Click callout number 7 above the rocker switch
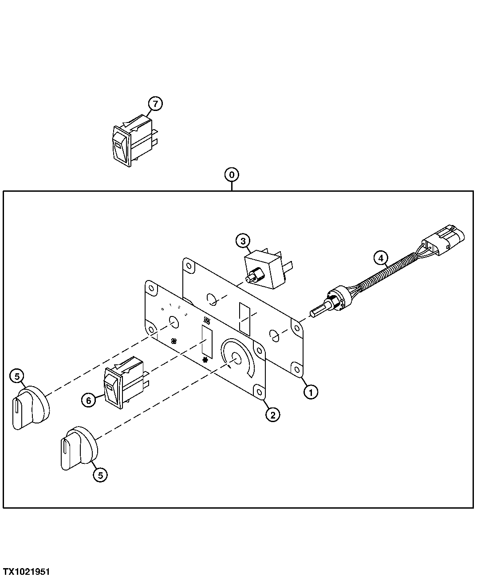point(155,104)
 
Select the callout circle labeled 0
point(232,174)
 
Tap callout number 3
point(242,241)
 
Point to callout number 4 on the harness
point(380,257)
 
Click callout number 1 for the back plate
point(311,392)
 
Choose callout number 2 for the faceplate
point(272,415)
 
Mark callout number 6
point(88,400)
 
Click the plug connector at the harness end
point(444,241)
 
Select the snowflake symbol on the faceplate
point(205,360)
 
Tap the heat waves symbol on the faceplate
point(205,320)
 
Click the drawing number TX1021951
point(26,571)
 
